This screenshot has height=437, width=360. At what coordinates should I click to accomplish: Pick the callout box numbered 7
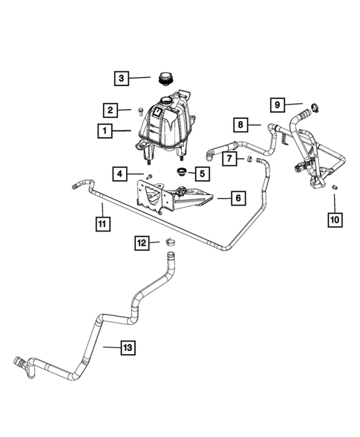click(x=230, y=159)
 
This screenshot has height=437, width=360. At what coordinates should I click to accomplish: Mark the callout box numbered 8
click(x=240, y=124)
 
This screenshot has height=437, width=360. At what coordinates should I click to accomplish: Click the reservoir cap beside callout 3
click(x=166, y=78)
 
